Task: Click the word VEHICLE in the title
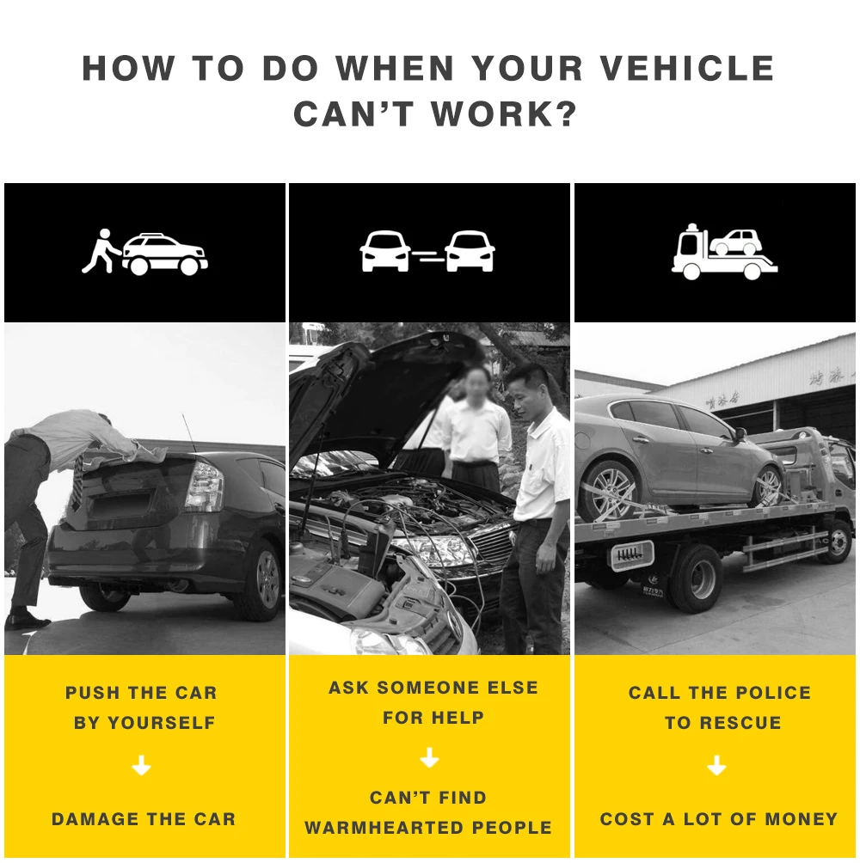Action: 686,68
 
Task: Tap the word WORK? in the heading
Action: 504,114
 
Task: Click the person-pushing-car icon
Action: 144,253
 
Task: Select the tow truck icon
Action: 724,252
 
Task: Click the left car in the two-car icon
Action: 385,251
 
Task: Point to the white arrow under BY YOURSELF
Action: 142,765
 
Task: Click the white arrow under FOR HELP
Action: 429,757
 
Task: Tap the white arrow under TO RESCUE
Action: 716,765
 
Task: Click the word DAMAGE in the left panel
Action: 95,819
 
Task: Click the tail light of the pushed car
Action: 204,485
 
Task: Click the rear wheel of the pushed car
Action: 259,581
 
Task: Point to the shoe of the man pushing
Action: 27,621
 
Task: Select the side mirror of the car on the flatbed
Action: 739,434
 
